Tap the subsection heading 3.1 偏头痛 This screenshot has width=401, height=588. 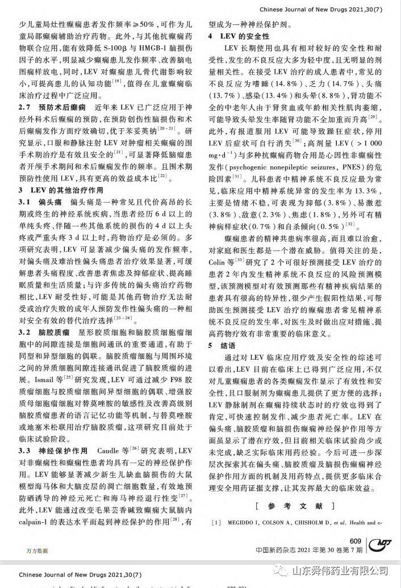pyautogui.click(x=42, y=203)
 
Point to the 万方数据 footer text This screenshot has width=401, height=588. pyautogui.click(x=37, y=551)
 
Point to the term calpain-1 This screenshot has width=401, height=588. pyautogui.click(x=36, y=520)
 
